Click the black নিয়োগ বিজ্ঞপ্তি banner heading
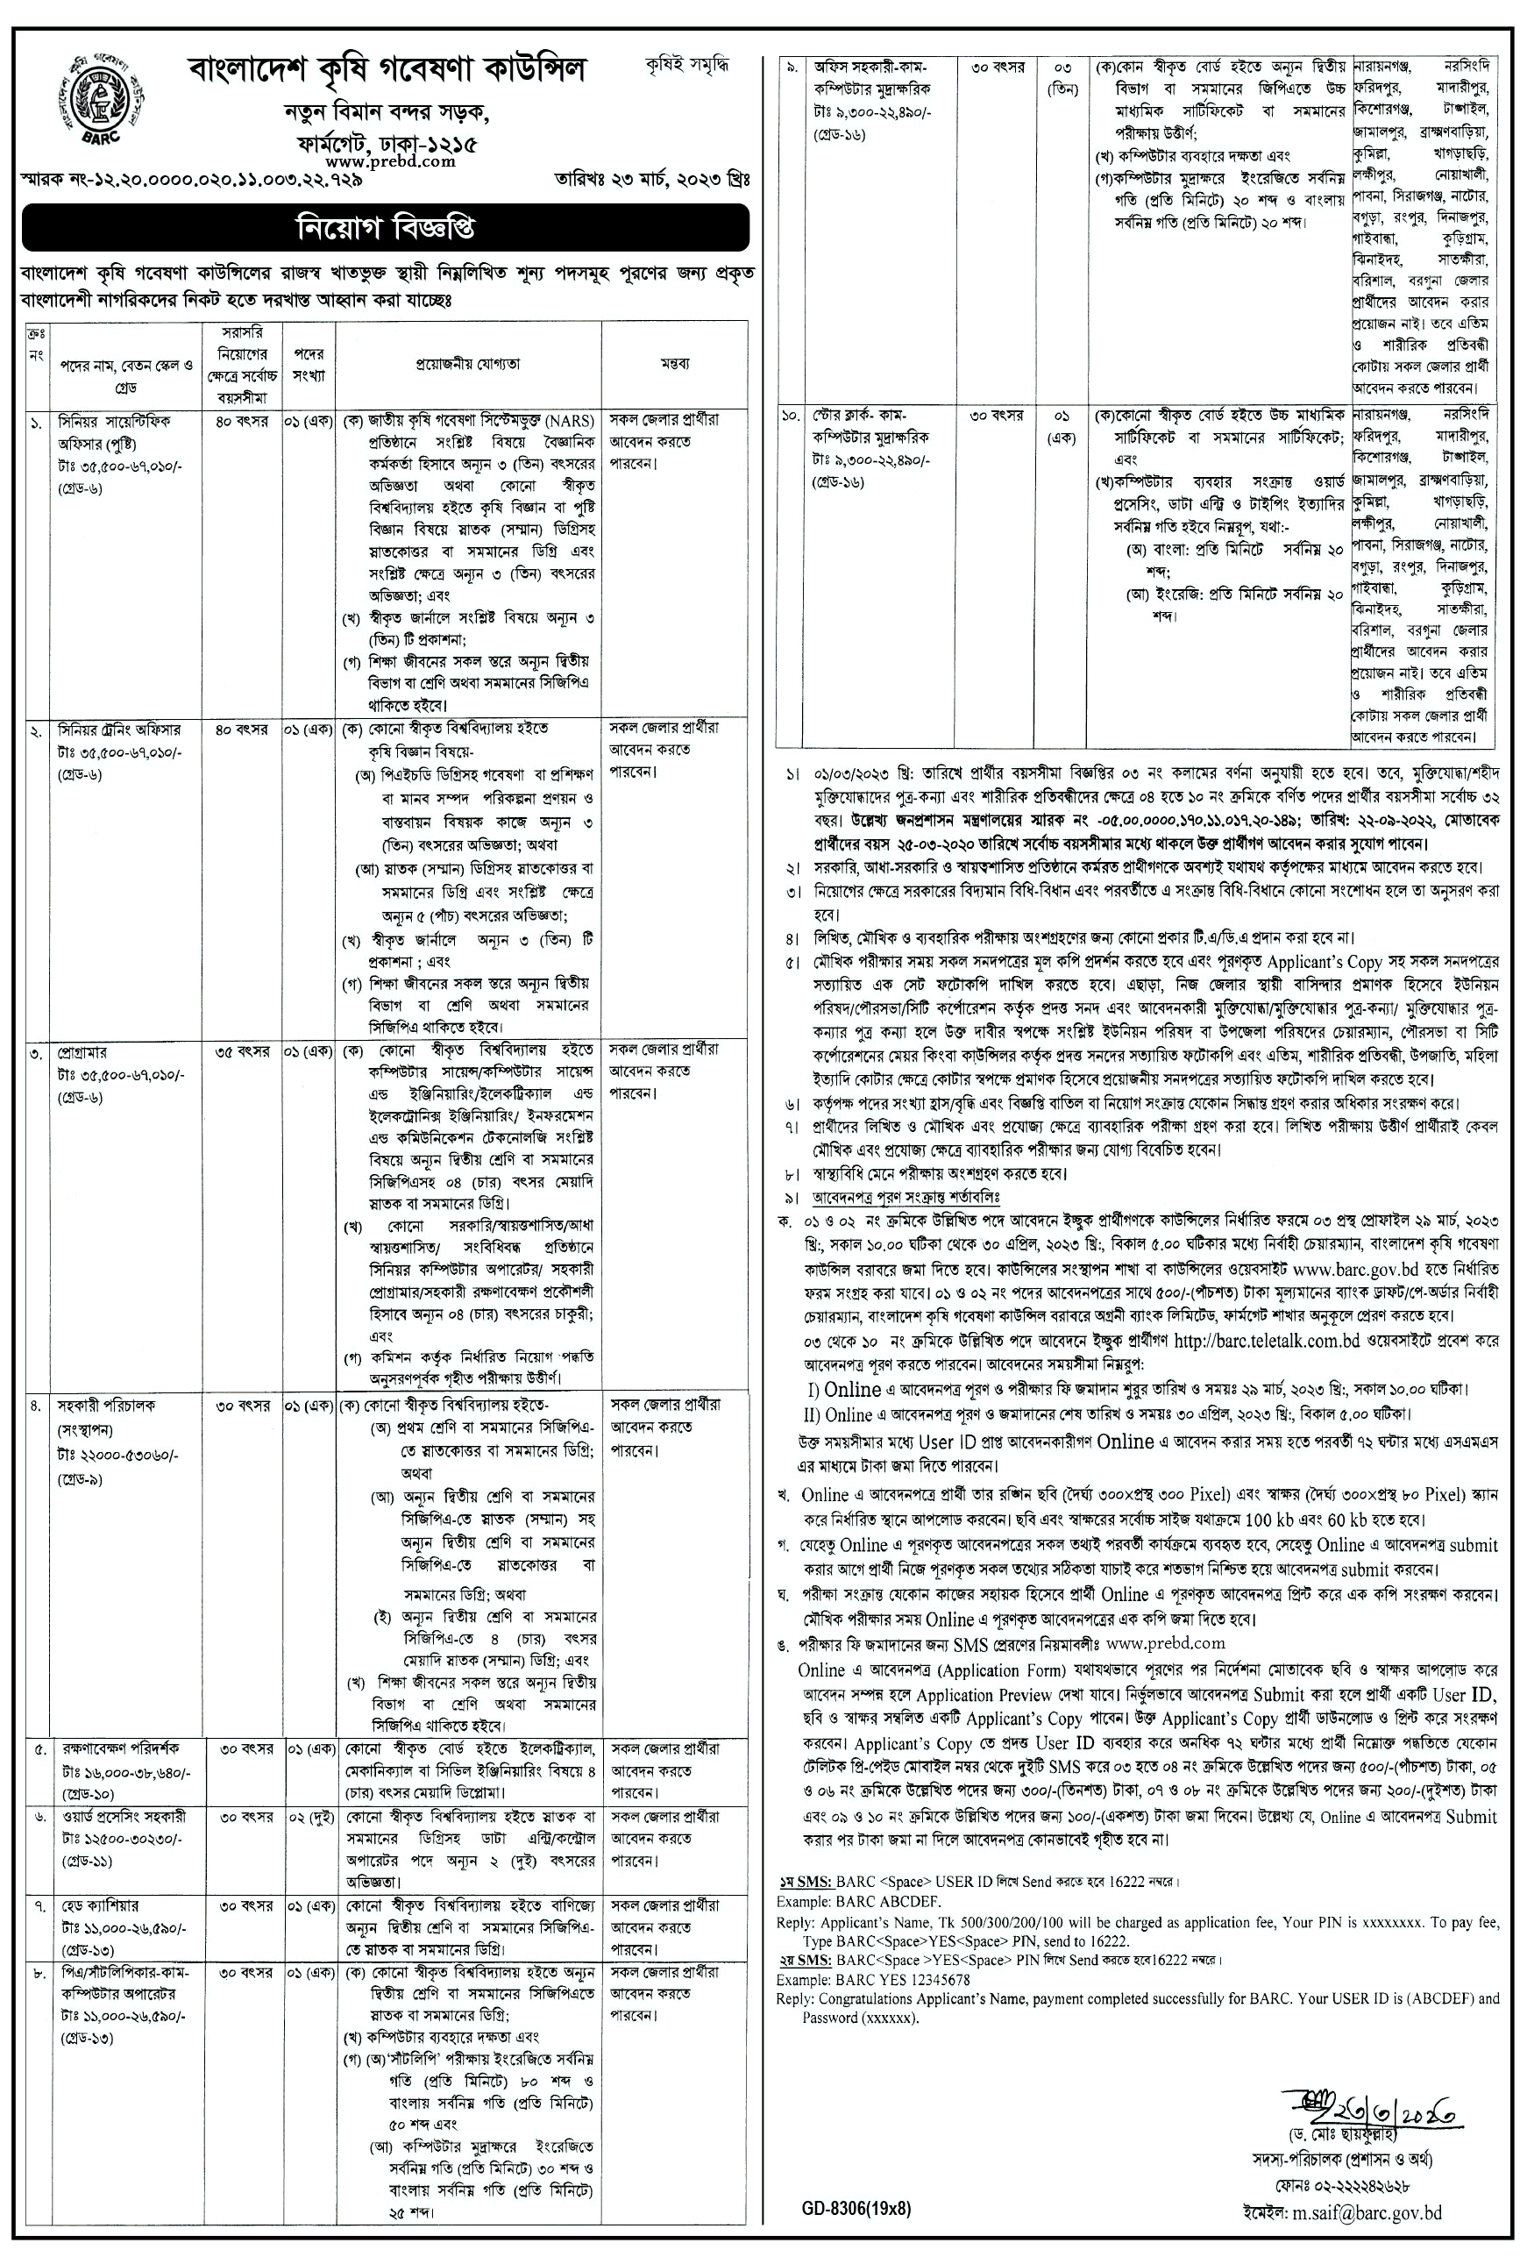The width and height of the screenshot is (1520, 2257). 385,229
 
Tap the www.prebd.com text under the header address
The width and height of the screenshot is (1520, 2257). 391,162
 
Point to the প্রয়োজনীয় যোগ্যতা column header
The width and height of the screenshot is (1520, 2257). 468,364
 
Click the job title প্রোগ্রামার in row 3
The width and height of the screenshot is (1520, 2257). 83,1052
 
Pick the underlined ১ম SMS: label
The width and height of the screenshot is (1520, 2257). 799,1882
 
